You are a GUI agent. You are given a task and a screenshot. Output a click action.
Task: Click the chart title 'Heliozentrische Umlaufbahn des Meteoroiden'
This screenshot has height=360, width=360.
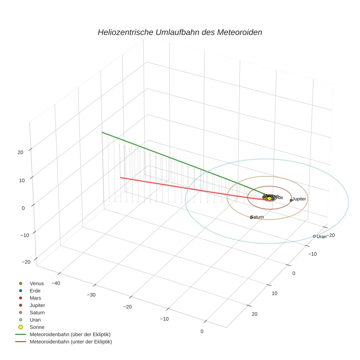pyautogui.click(x=180, y=32)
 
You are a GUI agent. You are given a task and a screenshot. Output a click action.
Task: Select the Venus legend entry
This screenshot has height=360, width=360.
pyautogui.click(x=37, y=283)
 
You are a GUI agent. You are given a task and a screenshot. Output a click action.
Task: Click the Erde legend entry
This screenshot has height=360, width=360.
pyautogui.click(x=35, y=290)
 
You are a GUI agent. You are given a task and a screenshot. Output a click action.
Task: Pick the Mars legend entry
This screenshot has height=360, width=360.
pyautogui.click(x=35, y=298)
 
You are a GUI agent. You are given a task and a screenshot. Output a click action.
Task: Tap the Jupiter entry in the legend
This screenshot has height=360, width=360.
pyautogui.click(x=37, y=305)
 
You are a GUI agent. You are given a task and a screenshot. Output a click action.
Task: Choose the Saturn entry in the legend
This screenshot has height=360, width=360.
pyautogui.click(x=37, y=312)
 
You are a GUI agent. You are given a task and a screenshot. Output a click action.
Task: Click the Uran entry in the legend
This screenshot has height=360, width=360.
pyautogui.click(x=35, y=320)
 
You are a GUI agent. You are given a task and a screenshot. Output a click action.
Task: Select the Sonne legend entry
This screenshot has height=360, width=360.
pyautogui.click(x=37, y=327)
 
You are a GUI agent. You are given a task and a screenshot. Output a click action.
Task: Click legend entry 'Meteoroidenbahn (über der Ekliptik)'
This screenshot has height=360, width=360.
pyautogui.click(x=70, y=334)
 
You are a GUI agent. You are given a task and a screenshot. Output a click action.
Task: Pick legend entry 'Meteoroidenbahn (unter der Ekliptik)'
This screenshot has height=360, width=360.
pyautogui.click(x=71, y=342)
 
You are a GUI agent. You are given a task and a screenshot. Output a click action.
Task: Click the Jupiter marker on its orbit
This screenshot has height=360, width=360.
pyautogui.click(x=291, y=200)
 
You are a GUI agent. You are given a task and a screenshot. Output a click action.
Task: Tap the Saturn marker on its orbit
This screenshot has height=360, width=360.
pyautogui.click(x=251, y=217)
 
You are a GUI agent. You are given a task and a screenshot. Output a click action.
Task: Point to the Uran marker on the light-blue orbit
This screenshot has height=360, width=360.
pyautogui.click(x=314, y=236)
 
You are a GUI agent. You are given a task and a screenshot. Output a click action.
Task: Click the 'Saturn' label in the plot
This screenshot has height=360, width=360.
pyautogui.click(x=257, y=217)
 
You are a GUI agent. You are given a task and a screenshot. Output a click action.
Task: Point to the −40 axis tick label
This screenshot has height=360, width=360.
pyautogui.click(x=56, y=283)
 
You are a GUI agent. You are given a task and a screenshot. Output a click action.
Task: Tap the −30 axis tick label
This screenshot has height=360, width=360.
pyautogui.click(x=92, y=295)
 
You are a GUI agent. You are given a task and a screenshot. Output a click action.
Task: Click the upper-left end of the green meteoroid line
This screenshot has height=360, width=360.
pyautogui.click(x=102, y=132)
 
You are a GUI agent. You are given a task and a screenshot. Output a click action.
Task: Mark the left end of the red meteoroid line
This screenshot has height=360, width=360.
pyautogui.click(x=121, y=177)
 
